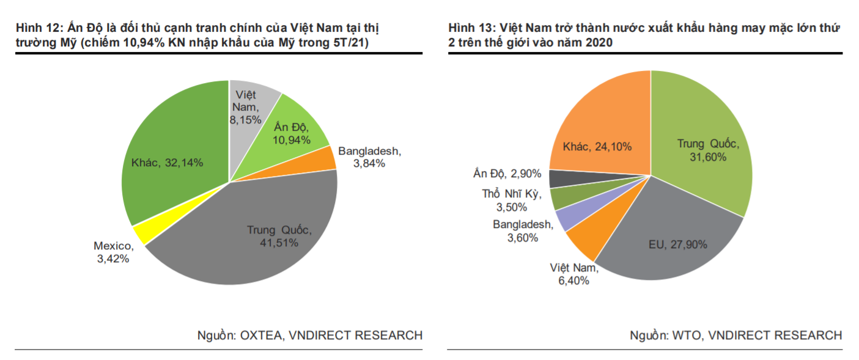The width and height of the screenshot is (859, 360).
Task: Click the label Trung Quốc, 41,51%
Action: coord(279,237)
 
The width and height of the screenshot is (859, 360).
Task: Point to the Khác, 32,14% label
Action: coord(167,163)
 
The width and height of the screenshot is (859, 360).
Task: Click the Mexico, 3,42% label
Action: coord(113,252)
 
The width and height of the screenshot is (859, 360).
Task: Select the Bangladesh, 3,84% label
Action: coord(370,157)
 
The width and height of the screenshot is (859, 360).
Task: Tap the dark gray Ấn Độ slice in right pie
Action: coord(559,178)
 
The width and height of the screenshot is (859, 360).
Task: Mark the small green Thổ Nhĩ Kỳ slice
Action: coord(561,199)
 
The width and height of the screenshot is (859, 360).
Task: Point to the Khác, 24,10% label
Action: coord(597,147)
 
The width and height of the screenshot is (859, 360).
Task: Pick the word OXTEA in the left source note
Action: coord(264,335)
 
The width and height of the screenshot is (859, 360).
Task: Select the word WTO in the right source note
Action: coord(686,335)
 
